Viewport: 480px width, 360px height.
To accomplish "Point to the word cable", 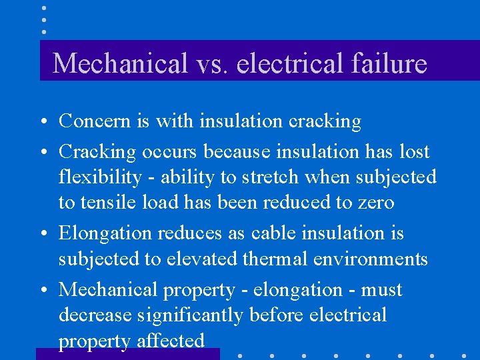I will [274, 233].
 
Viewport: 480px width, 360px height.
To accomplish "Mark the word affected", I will [170, 341].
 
